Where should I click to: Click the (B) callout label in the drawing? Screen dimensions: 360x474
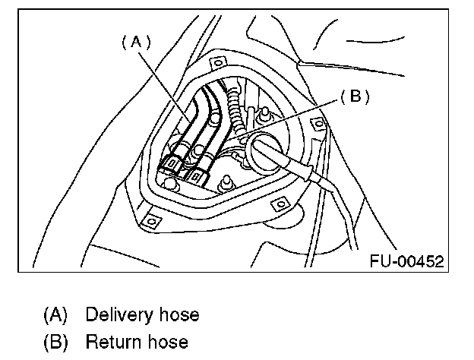click(x=354, y=97)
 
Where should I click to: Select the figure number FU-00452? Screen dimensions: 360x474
click(x=407, y=261)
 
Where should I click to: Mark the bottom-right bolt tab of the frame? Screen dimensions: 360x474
click(x=278, y=204)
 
